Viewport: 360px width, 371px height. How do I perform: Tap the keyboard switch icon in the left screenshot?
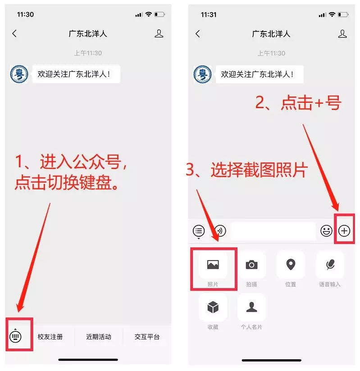coord(15,336)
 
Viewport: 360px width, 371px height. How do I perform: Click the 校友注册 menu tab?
coord(50,337)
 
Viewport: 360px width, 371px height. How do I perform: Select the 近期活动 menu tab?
coord(99,337)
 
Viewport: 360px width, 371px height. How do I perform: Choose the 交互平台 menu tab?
coord(147,337)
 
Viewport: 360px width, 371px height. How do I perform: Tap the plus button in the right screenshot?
coord(344,231)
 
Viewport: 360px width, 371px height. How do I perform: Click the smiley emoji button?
coord(326,231)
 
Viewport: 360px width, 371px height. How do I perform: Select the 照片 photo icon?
coord(213,265)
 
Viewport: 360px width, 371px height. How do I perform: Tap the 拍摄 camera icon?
coord(252,265)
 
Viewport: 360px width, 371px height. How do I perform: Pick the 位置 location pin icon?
coord(291,265)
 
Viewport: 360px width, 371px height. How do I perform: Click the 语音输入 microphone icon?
coord(330,265)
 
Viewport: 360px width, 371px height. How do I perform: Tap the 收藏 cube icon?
coord(213,307)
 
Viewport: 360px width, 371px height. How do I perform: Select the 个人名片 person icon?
coord(252,307)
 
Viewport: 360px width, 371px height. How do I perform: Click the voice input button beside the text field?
coord(220,231)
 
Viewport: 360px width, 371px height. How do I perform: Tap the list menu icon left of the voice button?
coord(199,231)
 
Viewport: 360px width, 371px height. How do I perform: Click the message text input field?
coord(273,231)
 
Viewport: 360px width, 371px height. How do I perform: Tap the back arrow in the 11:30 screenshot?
coord(14,34)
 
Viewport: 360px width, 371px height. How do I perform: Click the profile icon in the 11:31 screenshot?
coord(342,34)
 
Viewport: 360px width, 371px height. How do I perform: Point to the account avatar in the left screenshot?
coord(19,74)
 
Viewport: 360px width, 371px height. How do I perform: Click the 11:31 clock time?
coord(209,15)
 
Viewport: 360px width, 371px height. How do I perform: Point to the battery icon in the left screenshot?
coord(159,14)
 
